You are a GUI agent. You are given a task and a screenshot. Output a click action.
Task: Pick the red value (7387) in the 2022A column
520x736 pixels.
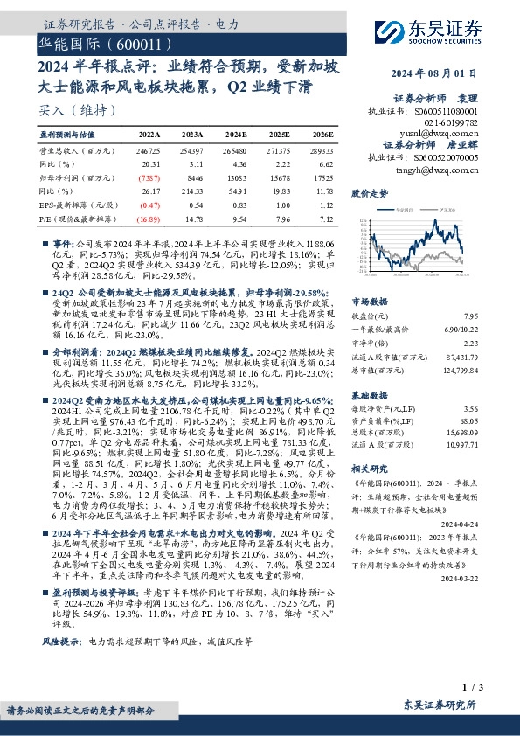151,175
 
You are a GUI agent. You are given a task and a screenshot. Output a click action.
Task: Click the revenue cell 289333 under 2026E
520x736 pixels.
321,150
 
